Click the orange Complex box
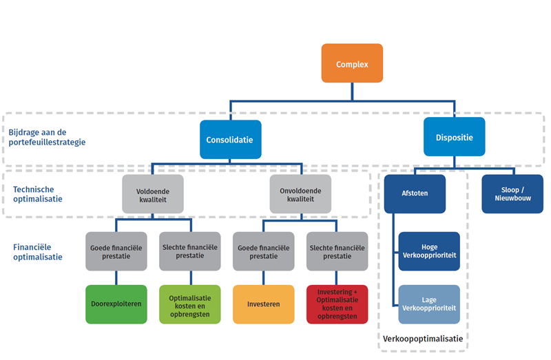pyautogui.click(x=351, y=64)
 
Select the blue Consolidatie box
pyautogui.click(x=229, y=140)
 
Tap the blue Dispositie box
pyautogui.click(x=454, y=137)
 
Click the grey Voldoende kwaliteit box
pyautogui.click(x=153, y=193)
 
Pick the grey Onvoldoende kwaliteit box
pyautogui.click(x=300, y=193)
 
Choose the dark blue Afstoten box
pyautogui.click(x=415, y=193)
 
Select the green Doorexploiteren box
pyautogui.click(x=116, y=304)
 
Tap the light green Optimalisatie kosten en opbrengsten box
pyautogui.click(x=189, y=304)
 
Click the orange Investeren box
pyautogui.click(x=264, y=304)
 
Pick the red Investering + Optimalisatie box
pyautogui.click(x=337, y=304)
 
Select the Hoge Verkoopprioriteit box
pyautogui.click(x=428, y=251)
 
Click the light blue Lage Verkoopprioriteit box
pyautogui.click(x=428, y=304)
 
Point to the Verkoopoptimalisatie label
pyautogui.click(x=423, y=339)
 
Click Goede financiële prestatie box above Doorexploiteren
pyautogui.click(x=116, y=251)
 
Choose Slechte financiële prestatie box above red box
pyautogui.click(x=337, y=251)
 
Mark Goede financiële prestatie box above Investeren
pyautogui.click(x=264, y=251)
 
